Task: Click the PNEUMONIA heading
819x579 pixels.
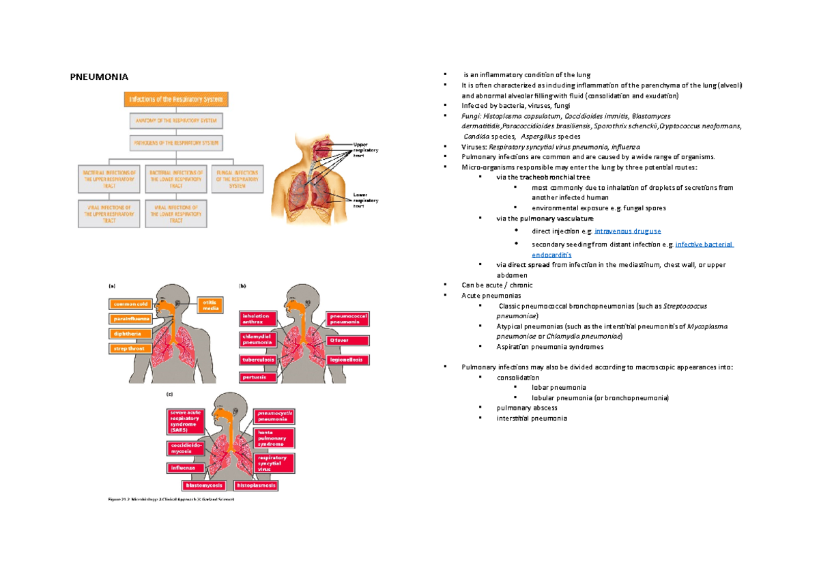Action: point(100,76)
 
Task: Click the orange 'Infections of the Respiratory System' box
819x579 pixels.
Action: point(176,100)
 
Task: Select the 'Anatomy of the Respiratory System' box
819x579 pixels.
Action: point(176,122)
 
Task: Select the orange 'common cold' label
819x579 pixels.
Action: point(131,304)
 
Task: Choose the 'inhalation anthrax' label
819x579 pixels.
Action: point(259,320)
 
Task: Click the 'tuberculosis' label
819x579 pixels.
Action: point(258,359)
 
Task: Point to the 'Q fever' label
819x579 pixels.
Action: point(348,339)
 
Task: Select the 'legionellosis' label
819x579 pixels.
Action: point(348,359)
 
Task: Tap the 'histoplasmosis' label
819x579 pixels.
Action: point(256,485)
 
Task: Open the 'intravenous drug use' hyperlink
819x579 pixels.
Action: point(627,231)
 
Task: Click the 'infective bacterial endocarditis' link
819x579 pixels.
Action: point(703,244)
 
